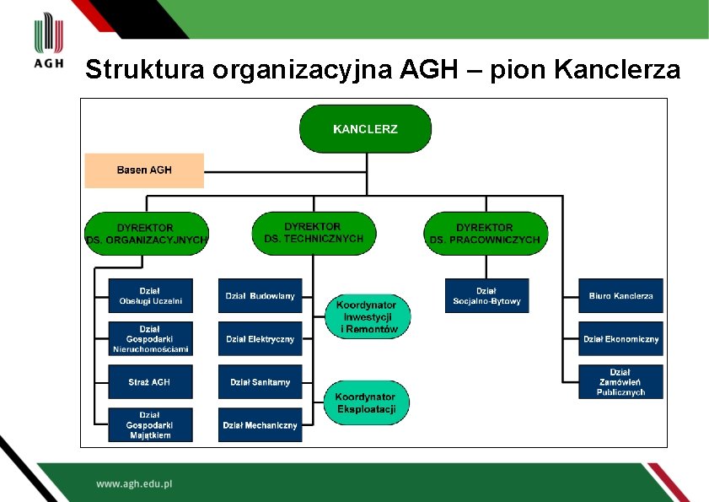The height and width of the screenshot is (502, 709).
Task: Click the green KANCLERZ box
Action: tap(365, 129)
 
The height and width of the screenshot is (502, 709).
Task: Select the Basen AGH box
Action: tap(144, 170)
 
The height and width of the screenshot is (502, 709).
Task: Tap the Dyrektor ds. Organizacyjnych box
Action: tap(147, 234)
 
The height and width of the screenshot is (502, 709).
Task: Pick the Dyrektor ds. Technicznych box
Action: tap(314, 232)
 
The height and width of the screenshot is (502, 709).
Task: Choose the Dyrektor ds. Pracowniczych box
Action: tap(485, 234)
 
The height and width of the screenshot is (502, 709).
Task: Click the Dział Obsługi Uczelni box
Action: tap(150, 296)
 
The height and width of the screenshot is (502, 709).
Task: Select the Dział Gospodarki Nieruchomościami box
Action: tap(150, 339)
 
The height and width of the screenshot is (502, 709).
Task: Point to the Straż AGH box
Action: tap(150, 382)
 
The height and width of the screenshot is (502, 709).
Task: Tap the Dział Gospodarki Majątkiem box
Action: tap(150, 425)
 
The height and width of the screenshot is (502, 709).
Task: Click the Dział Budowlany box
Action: tap(260, 296)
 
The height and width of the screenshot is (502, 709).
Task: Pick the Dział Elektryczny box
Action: tap(260, 339)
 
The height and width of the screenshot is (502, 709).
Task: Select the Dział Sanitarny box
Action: tap(260, 382)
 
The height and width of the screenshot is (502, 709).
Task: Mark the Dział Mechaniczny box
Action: tap(260, 425)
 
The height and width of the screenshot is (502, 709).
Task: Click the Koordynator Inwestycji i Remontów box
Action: tap(367, 316)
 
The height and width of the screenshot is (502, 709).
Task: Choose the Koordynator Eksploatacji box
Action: tap(367, 402)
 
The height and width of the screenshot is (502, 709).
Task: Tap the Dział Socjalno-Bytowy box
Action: tap(486, 296)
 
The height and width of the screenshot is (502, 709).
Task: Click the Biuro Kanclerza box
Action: tap(620, 296)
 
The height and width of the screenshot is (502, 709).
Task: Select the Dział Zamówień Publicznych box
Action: tap(620, 382)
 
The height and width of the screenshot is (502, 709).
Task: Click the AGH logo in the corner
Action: tap(48, 42)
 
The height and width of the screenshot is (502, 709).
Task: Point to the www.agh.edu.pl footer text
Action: tap(134, 484)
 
